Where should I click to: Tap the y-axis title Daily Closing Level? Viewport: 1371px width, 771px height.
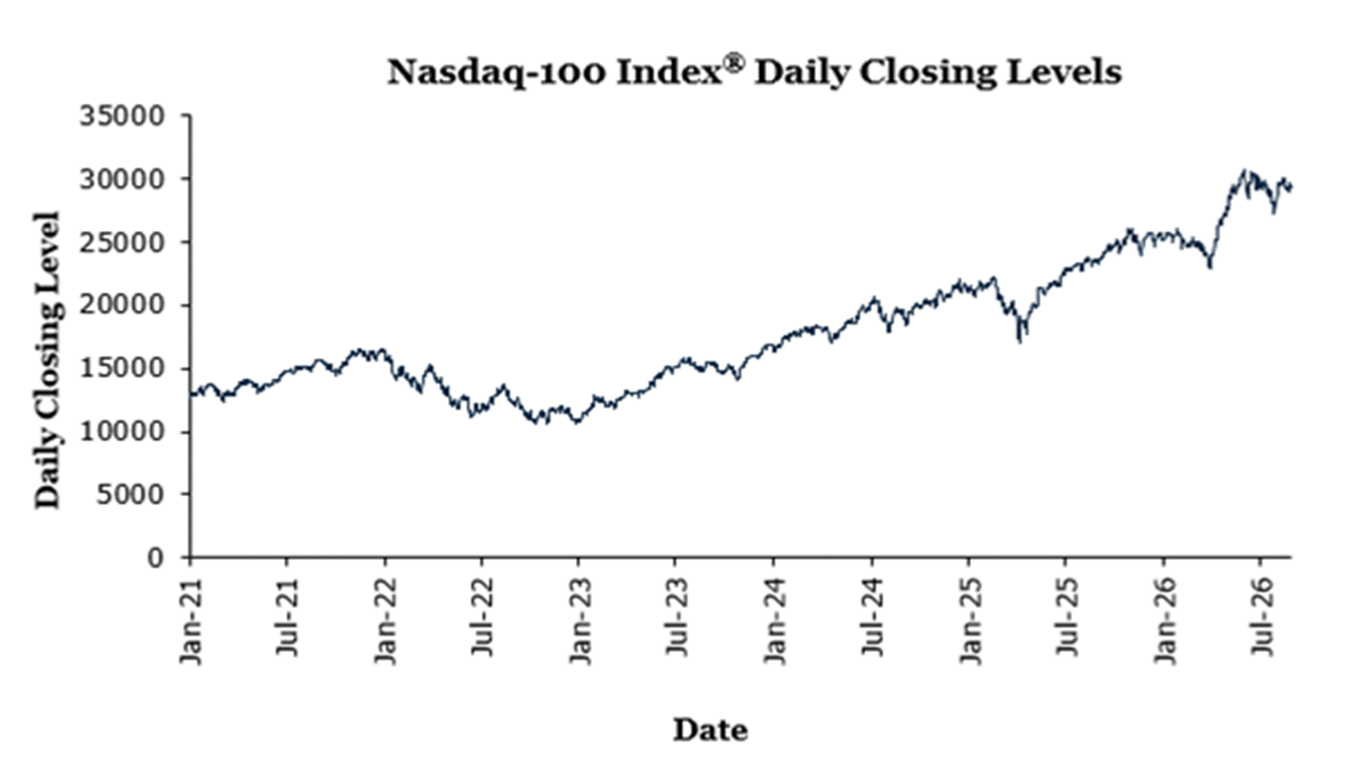pos(47,360)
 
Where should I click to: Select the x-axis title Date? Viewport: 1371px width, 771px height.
pos(710,730)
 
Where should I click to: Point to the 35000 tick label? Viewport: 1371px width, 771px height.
pos(121,116)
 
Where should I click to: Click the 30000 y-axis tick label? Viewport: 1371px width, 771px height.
pos(121,179)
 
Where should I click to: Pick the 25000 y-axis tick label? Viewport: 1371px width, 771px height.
pos(121,243)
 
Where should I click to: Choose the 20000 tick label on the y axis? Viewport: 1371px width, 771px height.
pos(121,305)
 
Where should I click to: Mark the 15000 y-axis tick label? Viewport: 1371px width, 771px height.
pos(121,368)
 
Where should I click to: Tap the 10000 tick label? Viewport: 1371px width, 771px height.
pos(121,432)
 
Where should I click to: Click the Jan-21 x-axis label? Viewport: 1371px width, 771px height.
pos(191,621)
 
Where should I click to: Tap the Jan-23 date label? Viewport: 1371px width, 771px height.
pos(579,621)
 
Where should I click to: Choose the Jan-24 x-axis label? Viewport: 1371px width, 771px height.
pos(774,621)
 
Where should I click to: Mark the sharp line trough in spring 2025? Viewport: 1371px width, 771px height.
pos(1020,342)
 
